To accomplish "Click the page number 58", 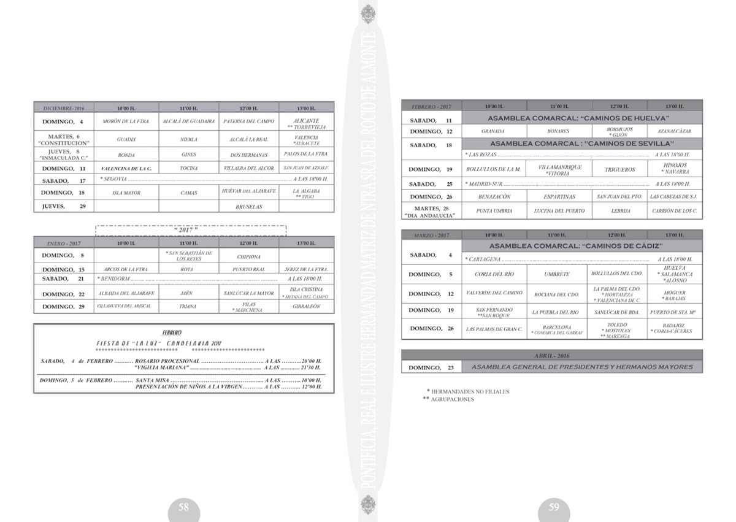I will [x=183, y=507].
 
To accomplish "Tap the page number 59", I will [x=554, y=507].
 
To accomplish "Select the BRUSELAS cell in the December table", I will [x=248, y=207].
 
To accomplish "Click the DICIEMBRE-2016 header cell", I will [x=64, y=108].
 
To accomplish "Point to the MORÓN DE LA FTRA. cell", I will [x=126, y=121].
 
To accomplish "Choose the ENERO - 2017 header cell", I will [x=64, y=244].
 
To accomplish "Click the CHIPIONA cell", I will [x=248, y=257].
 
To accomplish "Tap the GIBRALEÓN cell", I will [x=306, y=306].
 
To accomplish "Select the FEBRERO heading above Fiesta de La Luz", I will [x=172, y=332].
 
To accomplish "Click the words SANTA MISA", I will [x=153, y=380].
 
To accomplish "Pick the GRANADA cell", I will [x=493, y=131].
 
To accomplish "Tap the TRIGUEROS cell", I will [x=619, y=169].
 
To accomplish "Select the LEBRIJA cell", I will [x=619, y=210].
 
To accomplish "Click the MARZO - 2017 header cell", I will [x=431, y=236].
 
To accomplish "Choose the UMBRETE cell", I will [x=556, y=274].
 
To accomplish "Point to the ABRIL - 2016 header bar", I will [x=551, y=356].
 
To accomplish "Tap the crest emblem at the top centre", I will [x=367, y=13].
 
